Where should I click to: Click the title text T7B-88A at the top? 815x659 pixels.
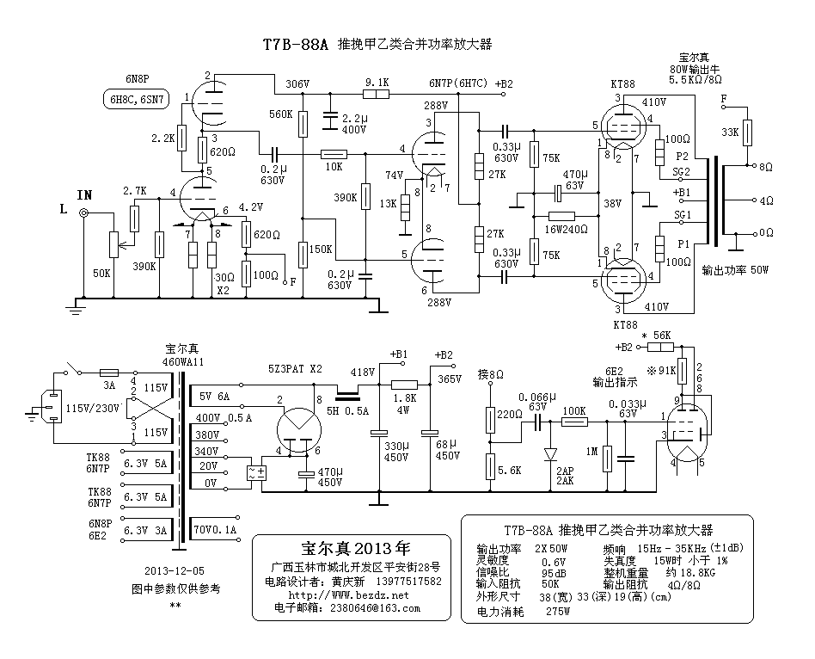coord(295,45)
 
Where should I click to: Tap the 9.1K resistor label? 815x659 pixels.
coord(377,83)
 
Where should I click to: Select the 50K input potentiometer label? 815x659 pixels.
coord(101,273)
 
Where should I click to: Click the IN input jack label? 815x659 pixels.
coord(84,194)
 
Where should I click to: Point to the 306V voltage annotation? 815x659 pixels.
coord(297,84)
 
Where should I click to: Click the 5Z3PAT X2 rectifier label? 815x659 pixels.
coord(294,368)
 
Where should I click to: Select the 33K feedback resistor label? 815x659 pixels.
coord(730,132)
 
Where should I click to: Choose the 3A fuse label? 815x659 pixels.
coord(109,385)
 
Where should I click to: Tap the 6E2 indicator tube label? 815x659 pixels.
coord(606,367)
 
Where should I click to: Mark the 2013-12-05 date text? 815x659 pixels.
coord(175,570)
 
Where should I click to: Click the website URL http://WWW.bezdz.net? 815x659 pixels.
coord(348,594)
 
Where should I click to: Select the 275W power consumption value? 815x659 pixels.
coord(558,613)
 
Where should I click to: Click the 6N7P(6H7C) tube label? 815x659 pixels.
coord(457,83)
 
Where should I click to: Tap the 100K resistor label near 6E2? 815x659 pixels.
coord(573,410)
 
